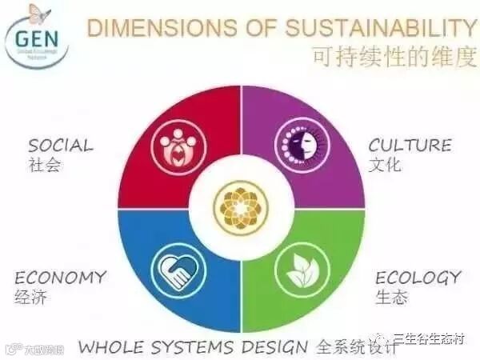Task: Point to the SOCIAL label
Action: pos(61,146)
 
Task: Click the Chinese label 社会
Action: pos(45,166)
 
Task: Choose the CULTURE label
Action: pos(410,146)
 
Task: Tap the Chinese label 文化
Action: pos(385,166)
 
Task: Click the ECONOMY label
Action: pos(60,278)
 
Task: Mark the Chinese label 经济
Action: pos(31,298)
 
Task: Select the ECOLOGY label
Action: pos(418,278)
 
